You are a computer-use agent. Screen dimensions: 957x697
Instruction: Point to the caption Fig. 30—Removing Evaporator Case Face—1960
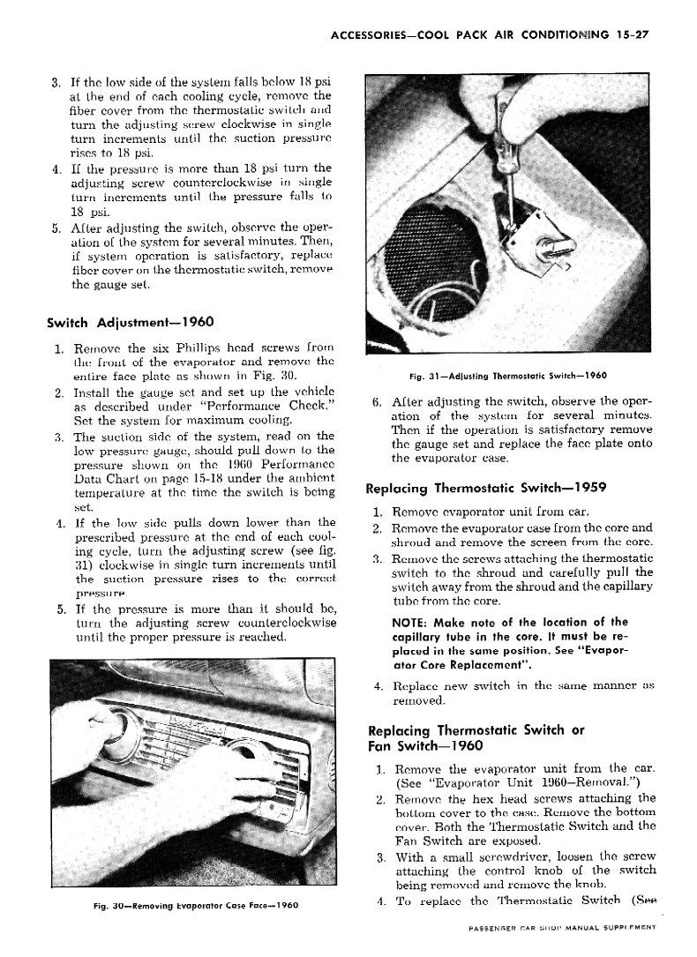[x=195, y=906]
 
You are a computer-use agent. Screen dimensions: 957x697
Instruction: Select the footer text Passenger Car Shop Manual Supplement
[x=565, y=929]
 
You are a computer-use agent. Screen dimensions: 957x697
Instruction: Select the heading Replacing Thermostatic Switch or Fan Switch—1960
[x=476, y=737]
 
